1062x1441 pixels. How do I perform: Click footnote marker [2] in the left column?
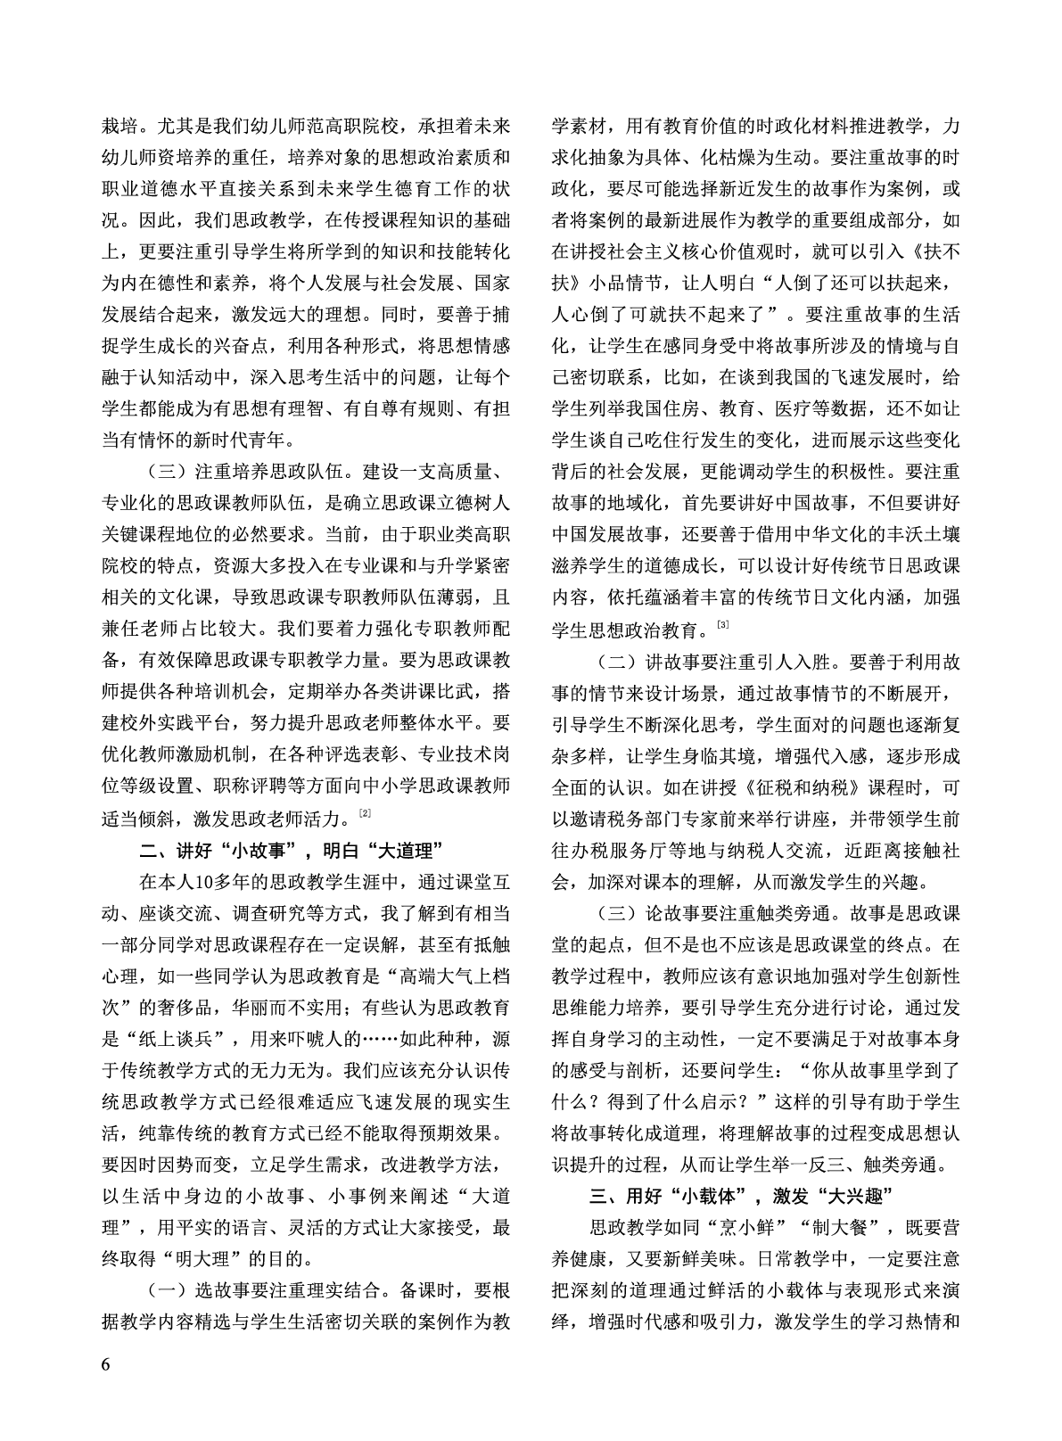[365, 812]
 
